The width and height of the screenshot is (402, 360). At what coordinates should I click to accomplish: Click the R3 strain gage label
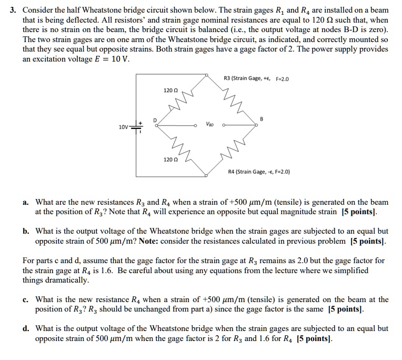256,79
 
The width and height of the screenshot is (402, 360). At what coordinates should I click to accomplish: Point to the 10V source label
123,127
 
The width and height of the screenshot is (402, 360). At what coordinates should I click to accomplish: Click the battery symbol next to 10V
137,127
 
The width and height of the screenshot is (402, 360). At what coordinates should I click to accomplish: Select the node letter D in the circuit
155,119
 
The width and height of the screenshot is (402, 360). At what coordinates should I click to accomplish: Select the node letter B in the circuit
262,119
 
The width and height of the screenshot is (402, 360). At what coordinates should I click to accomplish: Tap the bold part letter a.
26,202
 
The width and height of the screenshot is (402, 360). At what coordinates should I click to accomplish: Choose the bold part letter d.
26,328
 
